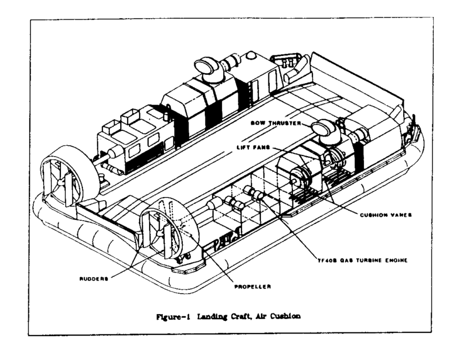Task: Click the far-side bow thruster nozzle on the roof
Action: click(207, 67)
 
